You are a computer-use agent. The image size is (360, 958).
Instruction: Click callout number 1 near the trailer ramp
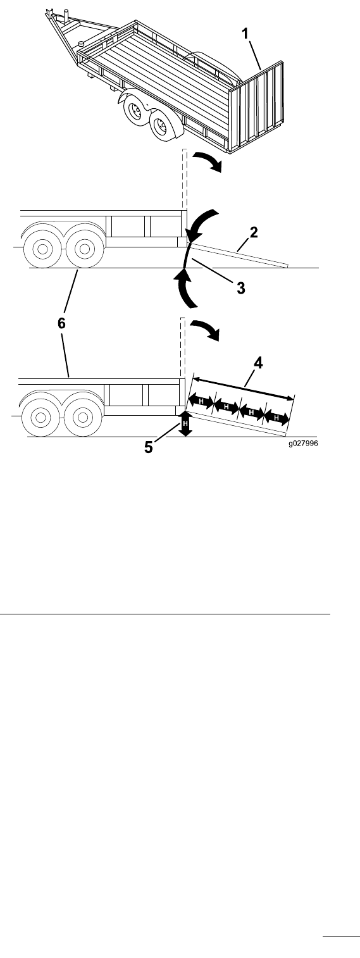245,34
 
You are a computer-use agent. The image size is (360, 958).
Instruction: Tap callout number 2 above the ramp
254,233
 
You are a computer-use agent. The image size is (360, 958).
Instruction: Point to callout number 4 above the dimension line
258,363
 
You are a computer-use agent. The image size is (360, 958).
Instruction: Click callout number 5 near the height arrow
148,447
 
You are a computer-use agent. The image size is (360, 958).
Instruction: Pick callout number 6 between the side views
61,323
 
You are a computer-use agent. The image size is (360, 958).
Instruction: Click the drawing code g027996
303,444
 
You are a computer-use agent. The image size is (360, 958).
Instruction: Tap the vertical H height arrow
185,423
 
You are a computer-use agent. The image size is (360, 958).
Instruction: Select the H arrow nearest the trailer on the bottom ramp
201,401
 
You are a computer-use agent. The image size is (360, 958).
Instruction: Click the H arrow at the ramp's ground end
276,418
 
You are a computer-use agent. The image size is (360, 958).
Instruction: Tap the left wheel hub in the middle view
42,249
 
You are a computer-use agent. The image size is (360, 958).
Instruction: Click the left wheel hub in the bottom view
40,417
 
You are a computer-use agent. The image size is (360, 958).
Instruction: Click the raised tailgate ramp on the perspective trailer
256,107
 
